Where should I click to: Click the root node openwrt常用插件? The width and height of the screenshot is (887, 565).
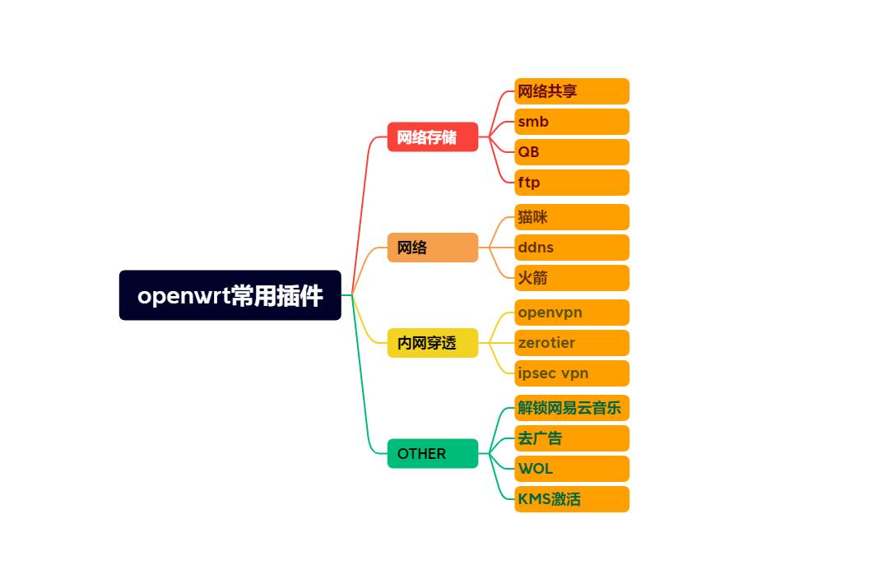coord(230,295)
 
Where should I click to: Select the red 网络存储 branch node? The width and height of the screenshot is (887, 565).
coord(432,137)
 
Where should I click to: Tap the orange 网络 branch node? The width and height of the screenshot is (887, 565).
coord(432,248)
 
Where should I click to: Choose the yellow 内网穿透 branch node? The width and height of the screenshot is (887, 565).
coord(432,343)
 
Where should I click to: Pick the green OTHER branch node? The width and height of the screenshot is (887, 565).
coord(432,453)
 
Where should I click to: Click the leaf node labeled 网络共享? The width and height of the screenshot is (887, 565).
coord(571,91)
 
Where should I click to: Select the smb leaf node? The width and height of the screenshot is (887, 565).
coord(571,122)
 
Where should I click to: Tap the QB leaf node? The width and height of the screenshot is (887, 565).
coord(571,152)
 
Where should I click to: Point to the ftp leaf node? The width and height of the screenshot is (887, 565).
coord(571,183)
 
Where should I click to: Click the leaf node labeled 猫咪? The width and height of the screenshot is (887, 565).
coord(571,217)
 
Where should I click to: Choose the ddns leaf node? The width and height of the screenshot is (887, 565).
coord(571,248)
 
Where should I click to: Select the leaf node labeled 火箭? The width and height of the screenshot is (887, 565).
coord(571,278)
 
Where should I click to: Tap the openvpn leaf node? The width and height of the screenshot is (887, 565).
coord(571,313)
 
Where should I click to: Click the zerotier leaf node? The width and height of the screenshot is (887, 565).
coord(571,343)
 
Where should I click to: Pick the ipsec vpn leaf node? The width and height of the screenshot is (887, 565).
coord(571,373)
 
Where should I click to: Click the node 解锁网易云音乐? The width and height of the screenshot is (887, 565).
coord(571,408)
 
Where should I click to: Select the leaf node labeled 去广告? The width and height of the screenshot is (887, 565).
coord(571,438)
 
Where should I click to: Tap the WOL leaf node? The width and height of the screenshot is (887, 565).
coord(571,469)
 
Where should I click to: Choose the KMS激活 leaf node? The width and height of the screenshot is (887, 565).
coord(571,499)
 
